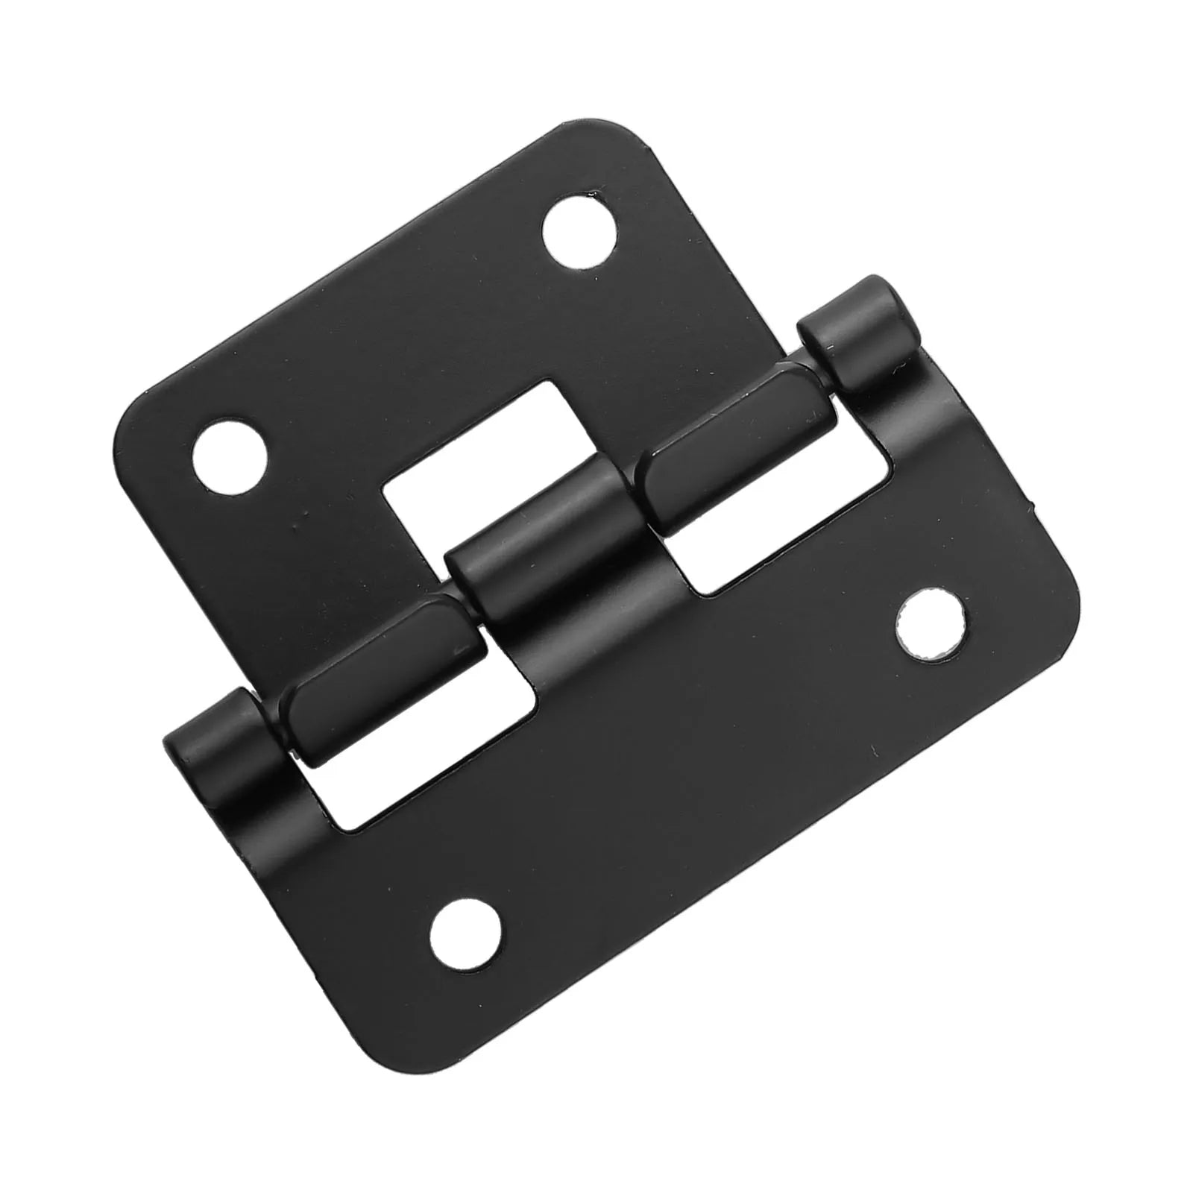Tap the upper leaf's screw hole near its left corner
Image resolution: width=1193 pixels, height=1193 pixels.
pos(230,454)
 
